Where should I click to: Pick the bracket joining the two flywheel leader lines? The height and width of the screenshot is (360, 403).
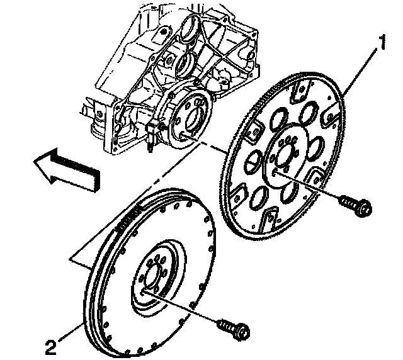click(x=82, y=258)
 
